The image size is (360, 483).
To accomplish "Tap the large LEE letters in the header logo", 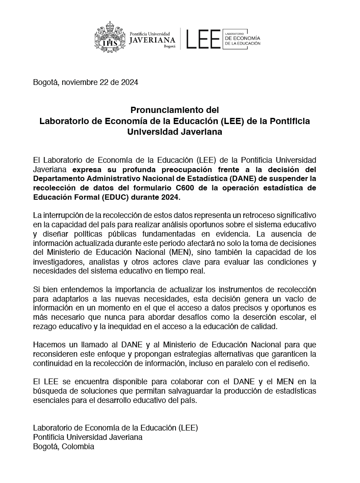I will (x=203, y=39).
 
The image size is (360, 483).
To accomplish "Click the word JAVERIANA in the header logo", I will (x=152, y=40).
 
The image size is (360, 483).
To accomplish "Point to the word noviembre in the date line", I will (x=78, y=82).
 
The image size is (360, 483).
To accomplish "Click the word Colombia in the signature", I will (x=78, y=447).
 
